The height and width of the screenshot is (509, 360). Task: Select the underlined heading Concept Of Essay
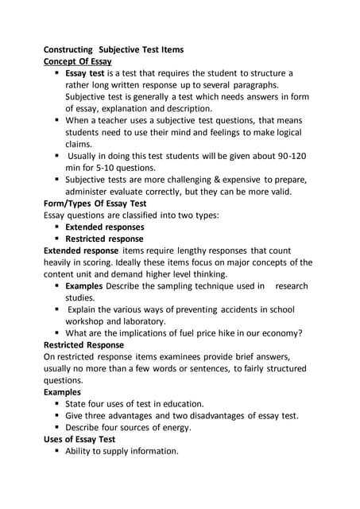(77, 61)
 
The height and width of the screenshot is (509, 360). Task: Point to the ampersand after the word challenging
(214, 180)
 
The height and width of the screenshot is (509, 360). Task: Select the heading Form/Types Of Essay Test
(95, 203)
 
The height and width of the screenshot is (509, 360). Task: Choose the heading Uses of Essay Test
(79, 439)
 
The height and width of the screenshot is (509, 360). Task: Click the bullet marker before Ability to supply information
(58, 451)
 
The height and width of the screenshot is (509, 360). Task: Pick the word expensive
(247, 180)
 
